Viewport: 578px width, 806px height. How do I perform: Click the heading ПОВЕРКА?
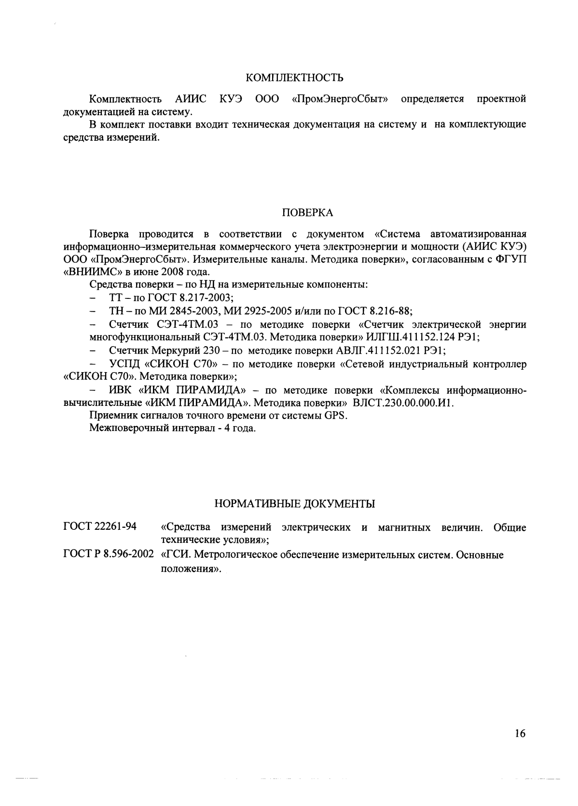307,213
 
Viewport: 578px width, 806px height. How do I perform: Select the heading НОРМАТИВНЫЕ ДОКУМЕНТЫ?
294,504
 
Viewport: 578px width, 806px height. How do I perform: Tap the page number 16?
520,734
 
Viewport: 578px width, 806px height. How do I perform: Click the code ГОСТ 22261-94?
100,526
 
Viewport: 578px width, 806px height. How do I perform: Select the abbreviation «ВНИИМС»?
94,272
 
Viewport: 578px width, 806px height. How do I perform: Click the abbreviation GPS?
336,416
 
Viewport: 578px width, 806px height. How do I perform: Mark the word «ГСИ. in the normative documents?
176,555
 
